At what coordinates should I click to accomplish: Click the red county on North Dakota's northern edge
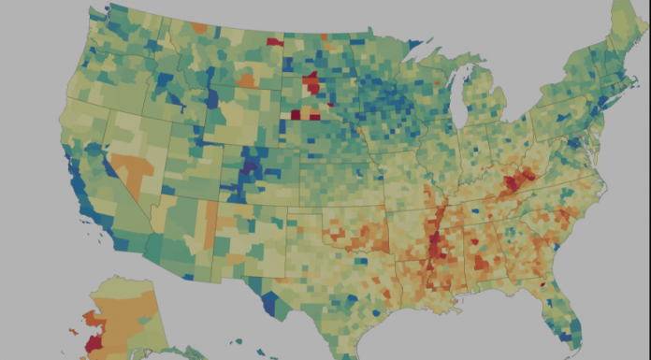[275, 41]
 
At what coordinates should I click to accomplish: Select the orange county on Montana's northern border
[199, 29]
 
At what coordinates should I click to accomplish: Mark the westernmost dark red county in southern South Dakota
[296, 114]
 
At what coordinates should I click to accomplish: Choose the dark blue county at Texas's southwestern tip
[270, 303]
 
